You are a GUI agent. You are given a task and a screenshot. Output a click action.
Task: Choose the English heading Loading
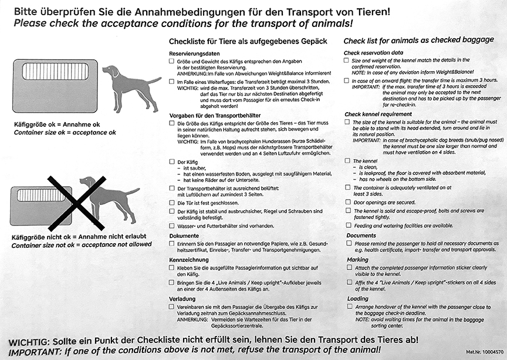pyautogui.click(x=357, y=298)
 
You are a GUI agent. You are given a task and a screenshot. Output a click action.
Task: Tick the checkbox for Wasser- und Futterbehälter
pyautogui.click(x=171, y=225)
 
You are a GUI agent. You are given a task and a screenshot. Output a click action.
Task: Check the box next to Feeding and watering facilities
pyautogui.click(x=348, y=226)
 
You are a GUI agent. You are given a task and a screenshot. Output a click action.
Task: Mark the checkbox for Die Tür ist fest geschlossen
pyautogui.click(x=171, y=202)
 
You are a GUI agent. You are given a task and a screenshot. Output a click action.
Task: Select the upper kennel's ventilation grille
pyautogui.click(x=55, y=72)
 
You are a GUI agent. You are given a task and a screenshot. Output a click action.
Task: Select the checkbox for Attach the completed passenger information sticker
pyautogui.click(x=348, y=268)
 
